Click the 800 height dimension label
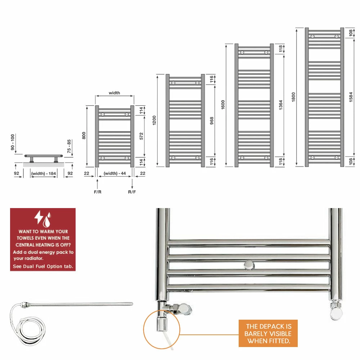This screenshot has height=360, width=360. pyautogui.click(x=84, y=135)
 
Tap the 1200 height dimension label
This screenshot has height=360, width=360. pyautogui.click(x=154, y=120)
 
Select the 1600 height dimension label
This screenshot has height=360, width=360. pyautogui.click(x=223, y=105)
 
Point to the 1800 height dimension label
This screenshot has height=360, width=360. pyautogui.click(x=293, y=97)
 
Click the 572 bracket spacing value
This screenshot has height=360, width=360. pyautogui.click(x=141, y=136)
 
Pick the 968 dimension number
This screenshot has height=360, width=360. pyautogui.click(x=212, y=121)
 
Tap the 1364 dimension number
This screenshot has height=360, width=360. pyautogui.click(x=280, y=105)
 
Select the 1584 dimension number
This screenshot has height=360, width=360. pyautogui.click(x=351, y=97)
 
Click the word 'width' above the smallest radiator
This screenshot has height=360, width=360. pyautogui.click(x=114, y=93)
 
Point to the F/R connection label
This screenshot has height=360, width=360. pyautogui.click(x=98, y=192)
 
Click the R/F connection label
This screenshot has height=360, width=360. pyautogui.click(x=132, y=192)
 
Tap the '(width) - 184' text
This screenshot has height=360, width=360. pyautogui.click(x=44, y=174)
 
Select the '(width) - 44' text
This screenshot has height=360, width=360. pyautogui.click(x=115, y=174)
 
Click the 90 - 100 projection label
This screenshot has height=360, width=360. pyautogui.click(x=13, y=142)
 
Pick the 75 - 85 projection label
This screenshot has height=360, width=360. pyautogui.click(x=69, y=146)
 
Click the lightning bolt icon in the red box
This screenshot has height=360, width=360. pyautogui.click(x=38, y=217)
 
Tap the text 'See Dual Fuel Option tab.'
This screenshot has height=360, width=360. pyautogui.click(x=43, y=266)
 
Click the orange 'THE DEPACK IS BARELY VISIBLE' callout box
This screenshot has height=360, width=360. pyautogui.click(x=268, y=333)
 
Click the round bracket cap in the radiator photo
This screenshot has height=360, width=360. pyautogui.click(x=249, y=265)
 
